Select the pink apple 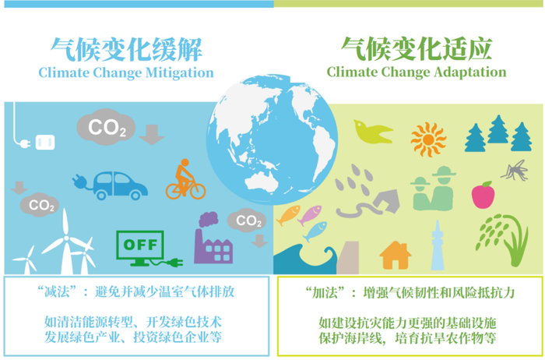(483, 195)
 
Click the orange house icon (396, 255)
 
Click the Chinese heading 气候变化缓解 (126, 50)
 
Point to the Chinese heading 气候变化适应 (417, 50)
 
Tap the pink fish (310, 213)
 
